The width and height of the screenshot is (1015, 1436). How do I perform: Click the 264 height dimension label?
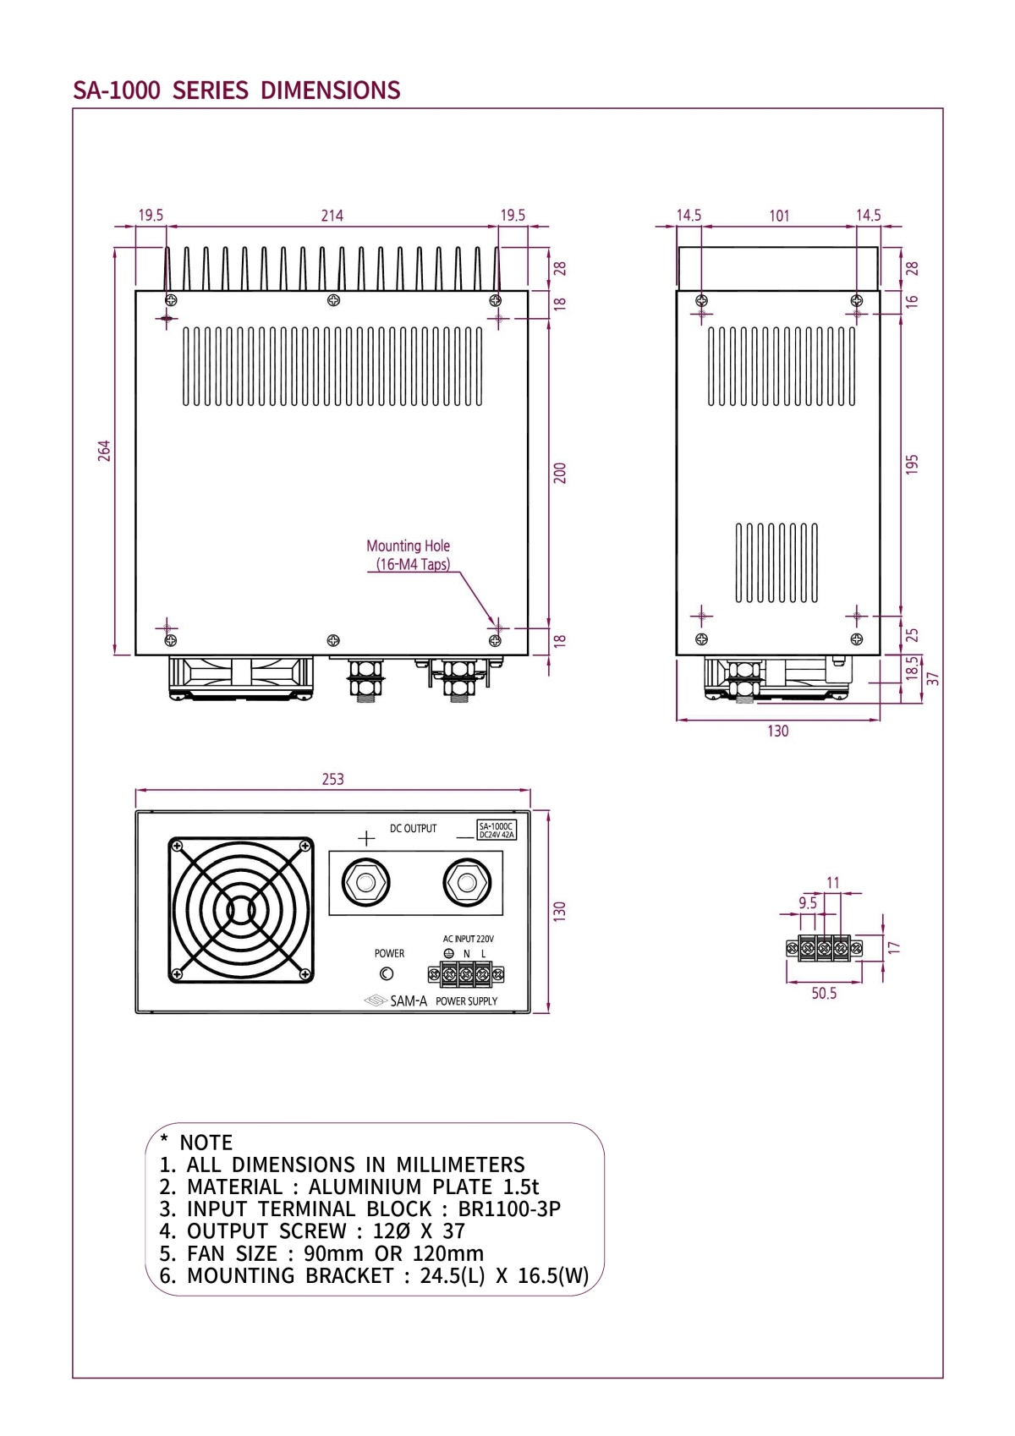click(104, 450)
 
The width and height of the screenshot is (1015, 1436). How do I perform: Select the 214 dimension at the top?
click(332, 216)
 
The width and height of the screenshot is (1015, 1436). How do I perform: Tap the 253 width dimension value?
click(332, 779)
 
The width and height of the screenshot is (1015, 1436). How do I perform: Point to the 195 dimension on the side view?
click(911, 464)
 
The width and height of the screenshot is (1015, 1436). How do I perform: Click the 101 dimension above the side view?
click(779, 216)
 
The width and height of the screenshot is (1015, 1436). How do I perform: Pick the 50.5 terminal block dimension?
click(824, 994)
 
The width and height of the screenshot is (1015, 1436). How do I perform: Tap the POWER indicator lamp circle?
click(387, 974)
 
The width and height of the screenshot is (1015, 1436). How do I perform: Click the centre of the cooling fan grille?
click(241, 910)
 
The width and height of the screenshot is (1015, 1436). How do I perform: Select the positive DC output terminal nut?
click(366, 884)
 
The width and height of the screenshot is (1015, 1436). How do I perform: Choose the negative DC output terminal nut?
click(466, 884)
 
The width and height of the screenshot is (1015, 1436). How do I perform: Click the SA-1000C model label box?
click(497, 830)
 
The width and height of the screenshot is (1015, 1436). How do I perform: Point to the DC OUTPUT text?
click(413, 829)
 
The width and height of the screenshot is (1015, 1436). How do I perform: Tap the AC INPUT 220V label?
click(468, 939)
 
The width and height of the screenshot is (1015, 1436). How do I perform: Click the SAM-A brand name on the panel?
click(409, 1001)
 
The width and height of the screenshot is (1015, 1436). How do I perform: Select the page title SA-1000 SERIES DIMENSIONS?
click(237, 90)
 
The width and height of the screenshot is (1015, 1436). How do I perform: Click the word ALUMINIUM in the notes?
click(365, 1187)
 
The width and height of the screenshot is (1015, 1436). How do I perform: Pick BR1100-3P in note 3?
click(509, 1209)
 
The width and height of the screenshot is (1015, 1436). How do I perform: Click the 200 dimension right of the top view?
click(559, 473)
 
